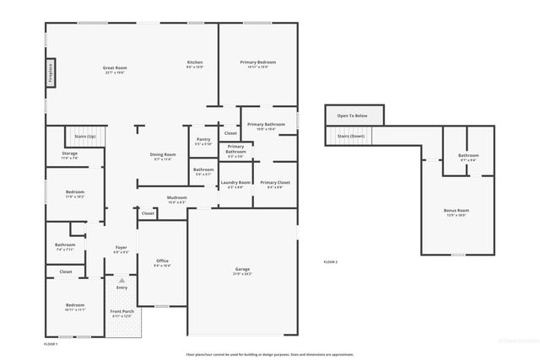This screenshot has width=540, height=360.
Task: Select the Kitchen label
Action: (x=195, y=63)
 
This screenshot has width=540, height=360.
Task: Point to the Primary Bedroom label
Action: (x=257, y=63)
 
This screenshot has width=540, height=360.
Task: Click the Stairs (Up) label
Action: (x=85, y=135)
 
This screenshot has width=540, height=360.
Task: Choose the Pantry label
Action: (x=203, y=140)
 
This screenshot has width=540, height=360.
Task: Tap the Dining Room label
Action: (x=164, y=155)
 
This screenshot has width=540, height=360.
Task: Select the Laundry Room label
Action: (x=235, y=183)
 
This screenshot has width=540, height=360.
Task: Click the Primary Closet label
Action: (x=275, y=183)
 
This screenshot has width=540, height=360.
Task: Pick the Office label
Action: (x=163, y=261)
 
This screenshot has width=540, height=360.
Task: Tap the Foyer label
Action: (x=121, y=248)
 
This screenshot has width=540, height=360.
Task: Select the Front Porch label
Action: (x=121, y=312)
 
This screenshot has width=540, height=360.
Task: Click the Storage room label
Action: (x=69, y=153)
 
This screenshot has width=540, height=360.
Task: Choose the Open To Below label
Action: (x=352, y=116)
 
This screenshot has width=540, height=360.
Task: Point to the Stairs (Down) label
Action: (x=350, y=136)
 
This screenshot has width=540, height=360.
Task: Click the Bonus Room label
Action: (x=456, y=211)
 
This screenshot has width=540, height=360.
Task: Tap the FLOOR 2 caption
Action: (x=330, y=262)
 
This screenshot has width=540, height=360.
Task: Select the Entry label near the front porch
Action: (x=121, y=288)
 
